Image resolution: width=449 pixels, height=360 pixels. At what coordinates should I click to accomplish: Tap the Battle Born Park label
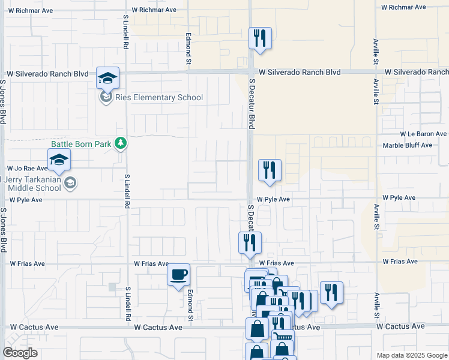[82, 144]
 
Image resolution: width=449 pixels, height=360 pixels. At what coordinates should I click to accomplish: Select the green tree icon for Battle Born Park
[121, 143]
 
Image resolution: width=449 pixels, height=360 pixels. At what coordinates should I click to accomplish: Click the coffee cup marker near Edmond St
[178, 275]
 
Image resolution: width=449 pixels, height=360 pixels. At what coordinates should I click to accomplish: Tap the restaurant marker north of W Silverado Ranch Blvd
[260, 39]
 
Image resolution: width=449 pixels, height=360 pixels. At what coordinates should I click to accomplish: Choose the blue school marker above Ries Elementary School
[107, 78]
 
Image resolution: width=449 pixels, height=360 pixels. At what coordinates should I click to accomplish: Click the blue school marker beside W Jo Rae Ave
[59, 160]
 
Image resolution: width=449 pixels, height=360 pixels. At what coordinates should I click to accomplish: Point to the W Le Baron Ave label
[424, 134]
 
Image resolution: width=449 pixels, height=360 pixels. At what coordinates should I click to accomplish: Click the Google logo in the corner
[20, 353]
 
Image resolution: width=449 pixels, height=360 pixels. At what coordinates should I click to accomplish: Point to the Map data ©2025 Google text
[411, 355]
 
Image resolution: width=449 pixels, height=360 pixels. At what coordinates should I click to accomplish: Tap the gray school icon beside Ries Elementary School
[106, 97]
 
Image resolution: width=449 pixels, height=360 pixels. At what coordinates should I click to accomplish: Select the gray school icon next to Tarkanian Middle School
[70, 183]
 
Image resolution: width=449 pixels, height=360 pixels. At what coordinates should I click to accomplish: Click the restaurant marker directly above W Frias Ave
[249, 243]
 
